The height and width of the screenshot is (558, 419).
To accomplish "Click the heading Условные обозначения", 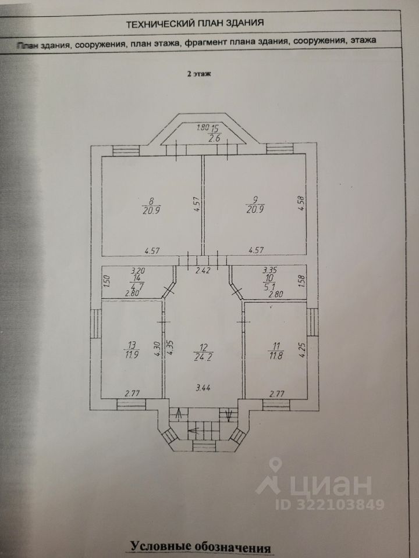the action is (201, 548).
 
